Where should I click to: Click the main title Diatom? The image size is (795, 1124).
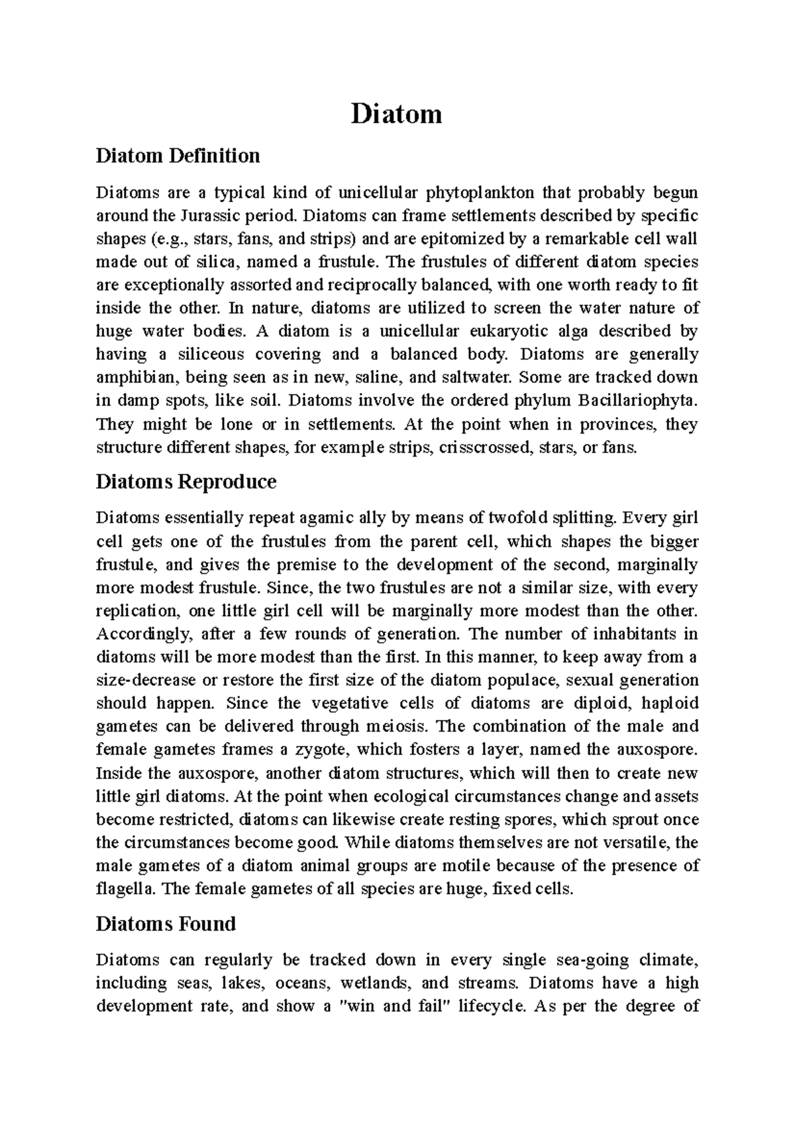[x=396, y=115]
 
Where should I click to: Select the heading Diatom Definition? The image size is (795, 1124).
[x=178, y=156]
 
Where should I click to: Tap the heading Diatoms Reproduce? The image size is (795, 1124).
[x=185, y=481]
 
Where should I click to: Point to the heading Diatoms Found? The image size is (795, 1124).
[x=166, y=923]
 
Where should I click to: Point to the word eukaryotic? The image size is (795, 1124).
[x=489, y=331]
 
